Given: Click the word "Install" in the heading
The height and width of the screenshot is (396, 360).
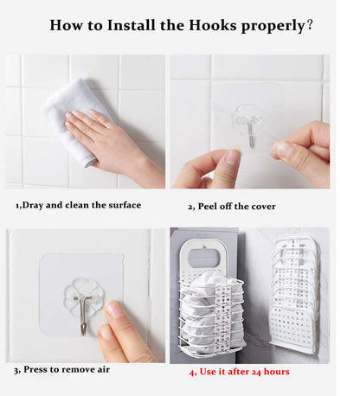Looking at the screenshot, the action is click(132, 25).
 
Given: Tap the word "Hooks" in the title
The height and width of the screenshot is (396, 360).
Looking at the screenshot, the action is click(213, 25).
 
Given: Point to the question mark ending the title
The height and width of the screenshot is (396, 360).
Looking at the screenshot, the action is click(310, 25).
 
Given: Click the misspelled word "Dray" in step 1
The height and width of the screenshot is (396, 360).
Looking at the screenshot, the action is click(32, 205).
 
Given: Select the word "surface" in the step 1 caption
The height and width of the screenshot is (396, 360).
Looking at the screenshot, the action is click(125, 205).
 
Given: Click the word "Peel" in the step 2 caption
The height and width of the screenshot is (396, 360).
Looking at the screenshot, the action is click(208, 207).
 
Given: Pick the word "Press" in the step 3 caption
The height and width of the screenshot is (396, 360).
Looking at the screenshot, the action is click(35, 369).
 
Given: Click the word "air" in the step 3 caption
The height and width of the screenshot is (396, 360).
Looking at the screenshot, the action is click(103, 369).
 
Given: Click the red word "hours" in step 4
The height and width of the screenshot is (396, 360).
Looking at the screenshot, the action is click(276, 372).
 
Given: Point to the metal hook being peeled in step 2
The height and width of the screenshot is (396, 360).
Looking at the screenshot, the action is click(251, 132).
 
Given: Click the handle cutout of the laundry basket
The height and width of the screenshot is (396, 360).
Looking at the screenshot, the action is click(203, 258).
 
